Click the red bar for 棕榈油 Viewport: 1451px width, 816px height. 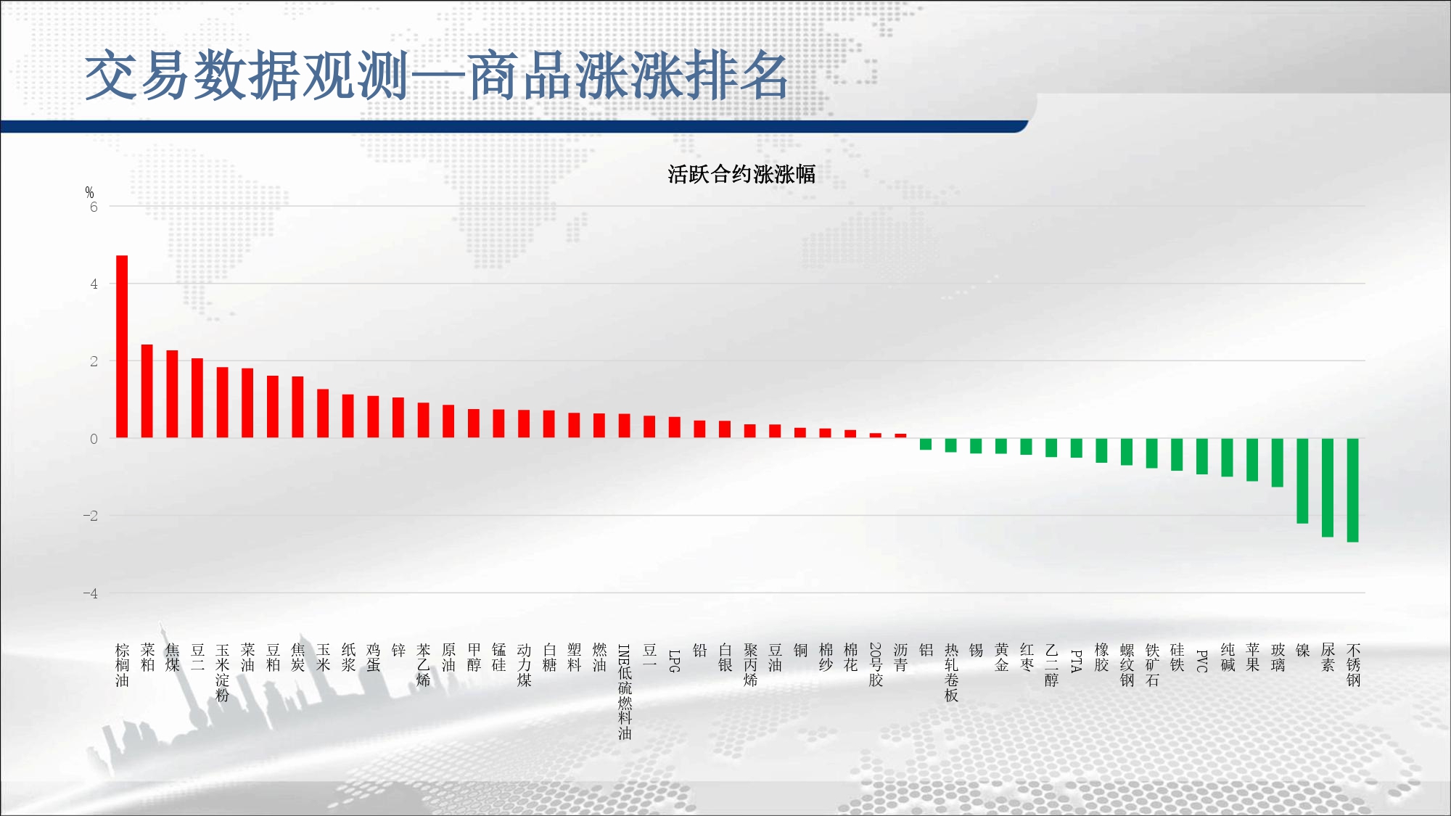(122, 347)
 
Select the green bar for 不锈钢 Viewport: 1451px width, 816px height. (1352, 490)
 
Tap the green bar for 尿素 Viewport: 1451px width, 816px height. (1328, 487)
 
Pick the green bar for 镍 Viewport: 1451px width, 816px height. (1302, 481)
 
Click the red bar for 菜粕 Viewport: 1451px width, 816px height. (147, 391)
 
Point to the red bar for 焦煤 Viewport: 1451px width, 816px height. (172, 394)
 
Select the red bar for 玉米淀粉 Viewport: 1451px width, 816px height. (222, 403)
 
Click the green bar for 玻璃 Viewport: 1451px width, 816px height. (1278, 463)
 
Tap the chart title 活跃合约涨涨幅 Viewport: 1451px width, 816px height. (741, 174)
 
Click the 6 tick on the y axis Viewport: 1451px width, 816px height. (94, 207)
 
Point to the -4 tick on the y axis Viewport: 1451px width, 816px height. (90, 593)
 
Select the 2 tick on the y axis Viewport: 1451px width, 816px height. (94, 361)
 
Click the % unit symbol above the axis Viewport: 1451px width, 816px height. (89, 192)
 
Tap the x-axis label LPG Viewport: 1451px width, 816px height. (674, 661)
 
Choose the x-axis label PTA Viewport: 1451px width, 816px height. (1076, 661)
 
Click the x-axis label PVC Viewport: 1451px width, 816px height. (1201, 661)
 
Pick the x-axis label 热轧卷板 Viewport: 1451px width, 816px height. (951, 672)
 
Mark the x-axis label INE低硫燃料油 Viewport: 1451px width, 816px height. (624, 691)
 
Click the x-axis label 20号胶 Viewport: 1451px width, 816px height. (876, 664)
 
